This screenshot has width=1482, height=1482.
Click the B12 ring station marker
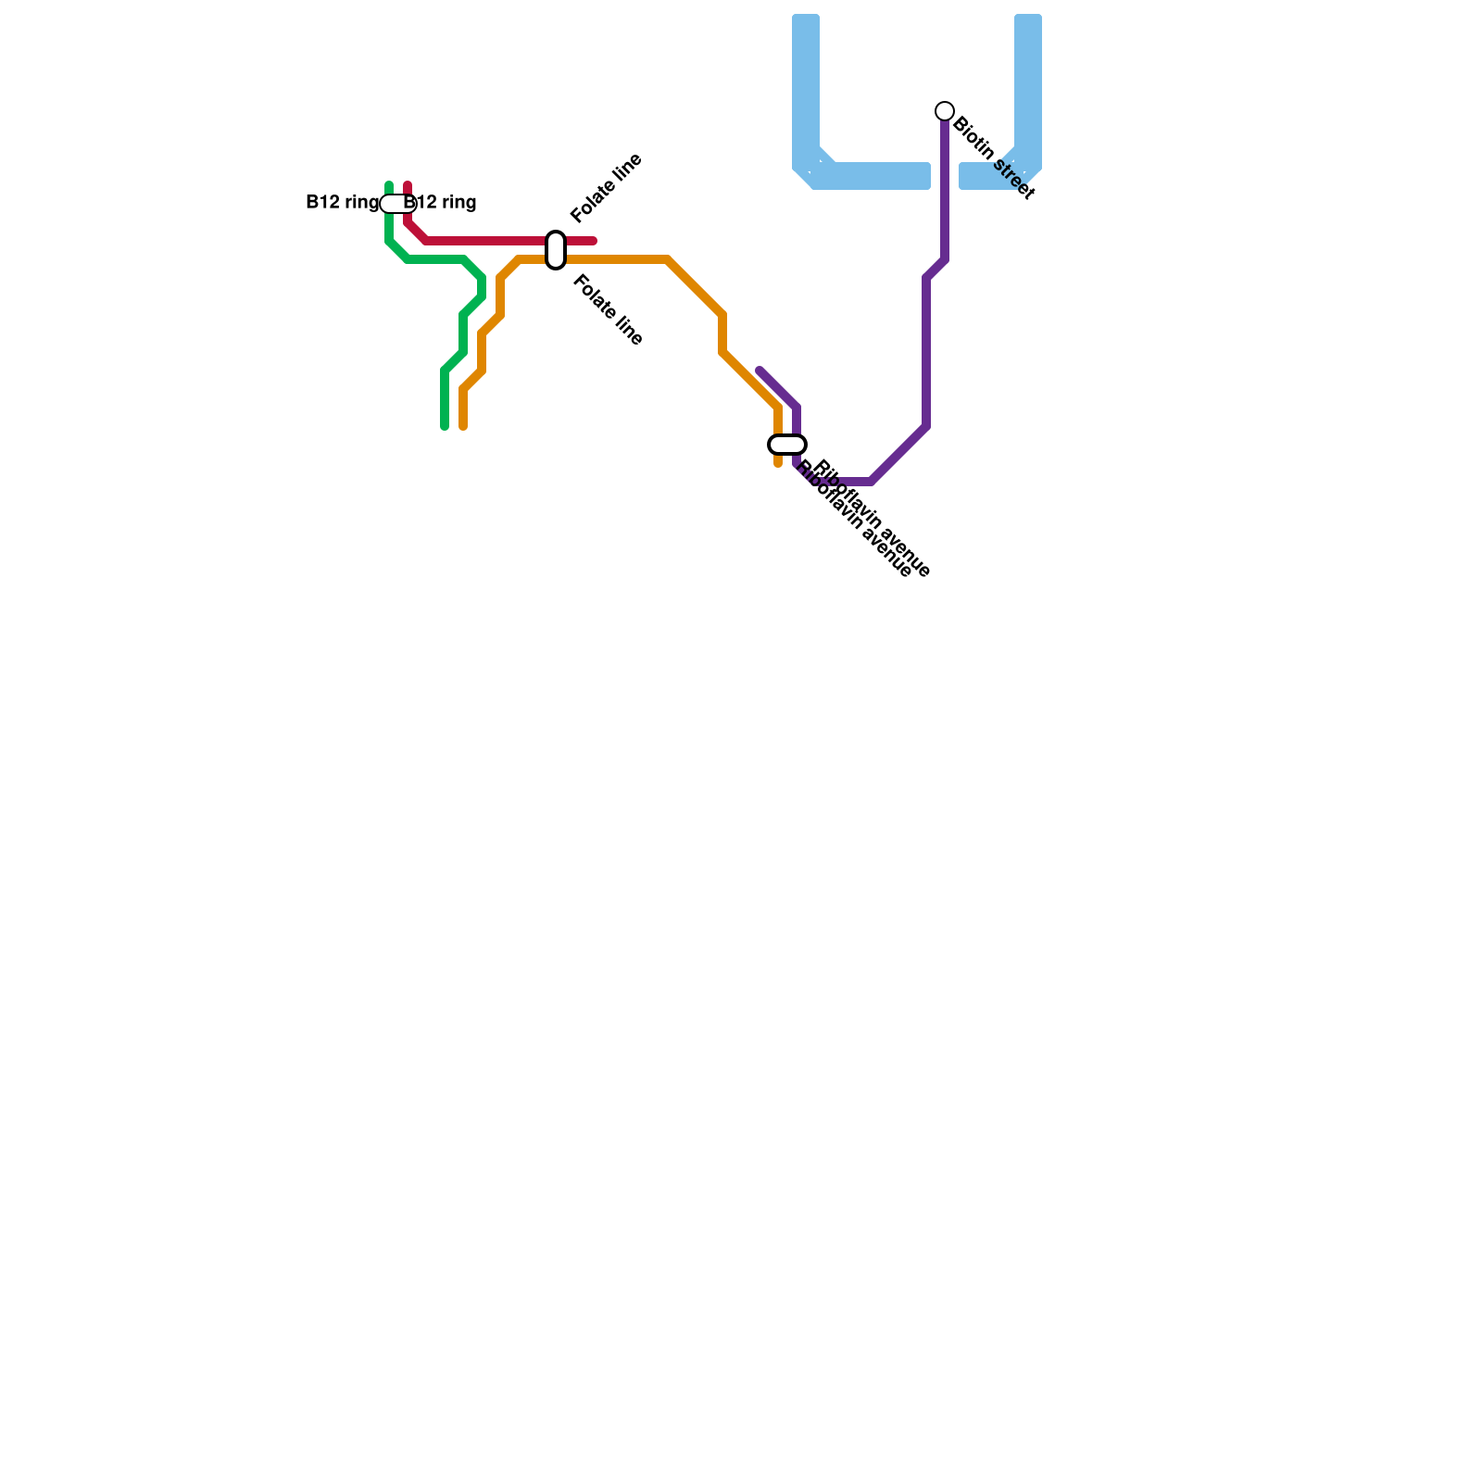point(398,204)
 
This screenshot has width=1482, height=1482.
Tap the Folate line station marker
point(556,250)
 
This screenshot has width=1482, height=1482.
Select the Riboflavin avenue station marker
point(787,445)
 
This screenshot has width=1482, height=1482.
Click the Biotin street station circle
point(945,111)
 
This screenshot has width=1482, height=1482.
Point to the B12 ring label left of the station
point(342,203)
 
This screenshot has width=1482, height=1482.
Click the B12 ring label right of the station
point(442,203)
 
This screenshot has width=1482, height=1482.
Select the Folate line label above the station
point(607,188)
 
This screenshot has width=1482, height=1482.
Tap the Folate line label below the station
point(608,310)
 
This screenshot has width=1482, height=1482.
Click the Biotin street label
point(993,157)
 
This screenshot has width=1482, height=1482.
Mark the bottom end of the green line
point(445,427)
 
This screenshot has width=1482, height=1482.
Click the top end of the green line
point(389,185)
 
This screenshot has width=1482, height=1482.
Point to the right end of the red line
point(594,241)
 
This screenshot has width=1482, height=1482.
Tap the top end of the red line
point(408,185)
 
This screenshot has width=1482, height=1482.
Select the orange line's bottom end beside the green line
point(463,427)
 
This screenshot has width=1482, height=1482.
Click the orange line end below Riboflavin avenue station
point(778,463)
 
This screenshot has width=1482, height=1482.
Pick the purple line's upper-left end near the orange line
point(760,370)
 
